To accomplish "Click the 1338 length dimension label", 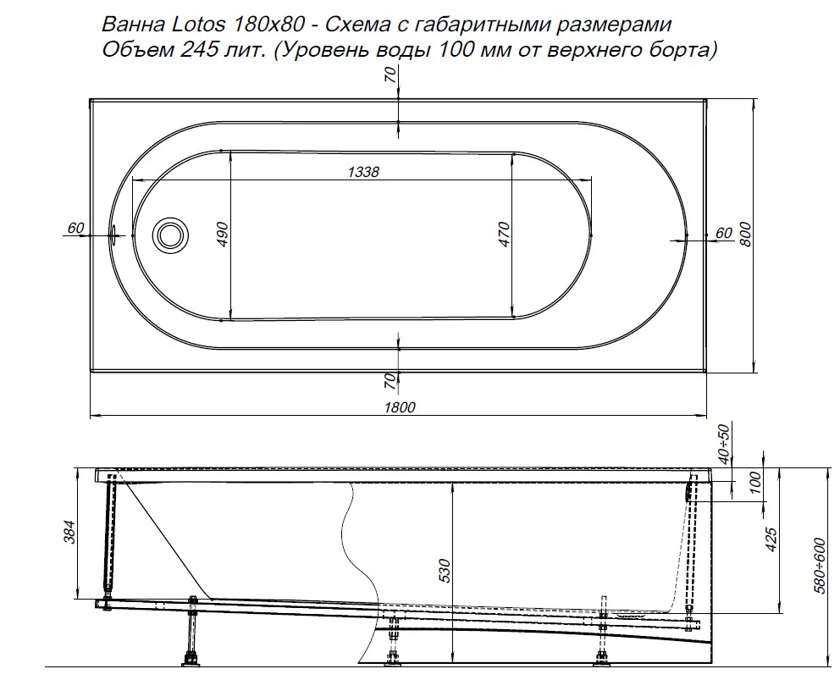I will (362, 172).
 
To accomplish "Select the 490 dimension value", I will (222, 234).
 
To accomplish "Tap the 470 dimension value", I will (503, 234).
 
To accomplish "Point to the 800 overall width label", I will (745, 235).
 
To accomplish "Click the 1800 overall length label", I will (398, 407).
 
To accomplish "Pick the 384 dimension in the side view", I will (70, 531).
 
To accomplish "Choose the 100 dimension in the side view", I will (756, 484).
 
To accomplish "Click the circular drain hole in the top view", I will (169, 234).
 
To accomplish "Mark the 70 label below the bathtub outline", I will (390, 381).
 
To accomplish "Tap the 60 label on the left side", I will (75, 227).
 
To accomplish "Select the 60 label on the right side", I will (723, 233).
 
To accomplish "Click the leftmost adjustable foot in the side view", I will (188, 657).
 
